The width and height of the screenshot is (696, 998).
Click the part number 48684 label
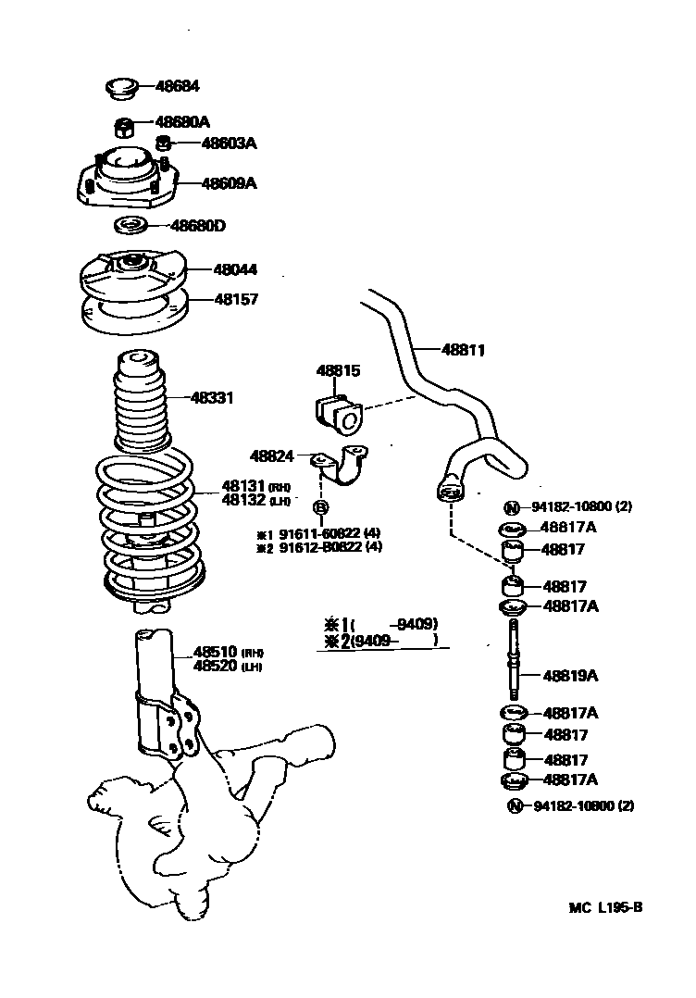pyautogui.click(x=178, y=86)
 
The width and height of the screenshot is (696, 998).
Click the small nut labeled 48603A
pyautogui.click(x=163, y=143)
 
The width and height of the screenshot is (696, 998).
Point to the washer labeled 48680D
pyautogui.click(x=130, y=225)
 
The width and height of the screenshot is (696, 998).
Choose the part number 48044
pyautogui.click(x=235, y=270)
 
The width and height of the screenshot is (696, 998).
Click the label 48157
pyautogui.click(x=236, y=300)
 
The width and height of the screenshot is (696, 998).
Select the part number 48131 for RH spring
pyautogui.click(x=243, y=485)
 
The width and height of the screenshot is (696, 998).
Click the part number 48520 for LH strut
pyautogui.click(x=216, y=667)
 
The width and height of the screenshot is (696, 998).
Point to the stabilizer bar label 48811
pyautogui.click(x=463, y=350)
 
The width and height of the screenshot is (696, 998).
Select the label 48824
pyautogui.click(x=271, y=455)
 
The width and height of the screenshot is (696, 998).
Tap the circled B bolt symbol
pyautogui.click(x=320, y=506)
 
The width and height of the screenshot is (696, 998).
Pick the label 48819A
pyautogui.click(x=570, y=676)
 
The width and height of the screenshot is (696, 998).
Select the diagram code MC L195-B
pyautogui.click(x=605, y=908)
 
